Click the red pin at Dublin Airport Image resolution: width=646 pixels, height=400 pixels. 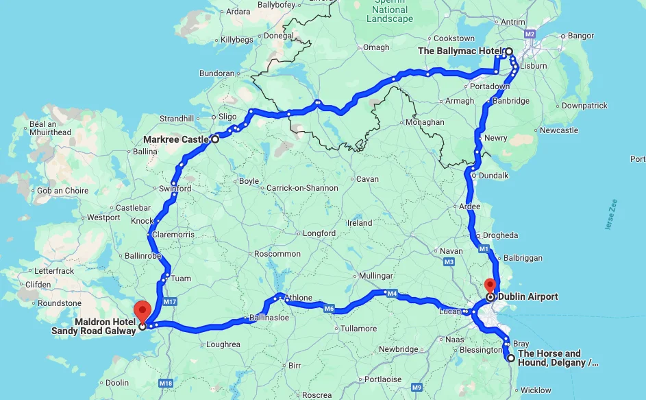point(489,285)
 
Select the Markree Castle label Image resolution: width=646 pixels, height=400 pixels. point(176,139)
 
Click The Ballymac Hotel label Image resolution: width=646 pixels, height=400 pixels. point(460,51)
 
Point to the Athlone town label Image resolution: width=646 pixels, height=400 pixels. point(298,298)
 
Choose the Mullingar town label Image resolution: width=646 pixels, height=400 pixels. point(375,276)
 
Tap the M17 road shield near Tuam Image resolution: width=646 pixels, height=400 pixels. point(171,302)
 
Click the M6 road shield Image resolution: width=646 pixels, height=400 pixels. point(329,309)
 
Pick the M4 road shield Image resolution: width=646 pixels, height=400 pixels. point(392,294)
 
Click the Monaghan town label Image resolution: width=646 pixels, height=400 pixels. point(425,122)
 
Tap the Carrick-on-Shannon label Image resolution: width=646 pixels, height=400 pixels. point(302,188)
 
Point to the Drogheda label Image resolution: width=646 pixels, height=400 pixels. point(501,235)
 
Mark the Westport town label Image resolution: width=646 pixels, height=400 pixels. point(103,217)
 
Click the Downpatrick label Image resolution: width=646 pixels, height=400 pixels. point(584,106)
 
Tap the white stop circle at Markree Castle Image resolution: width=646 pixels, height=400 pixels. point(214,139)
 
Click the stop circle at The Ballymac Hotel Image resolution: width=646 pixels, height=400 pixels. point(509,51)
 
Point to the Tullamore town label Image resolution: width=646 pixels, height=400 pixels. point(359,329)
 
